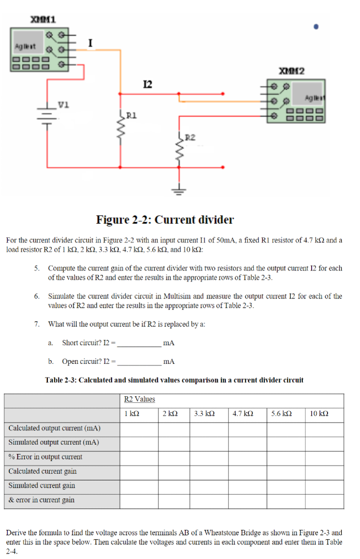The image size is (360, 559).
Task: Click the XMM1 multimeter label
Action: coord(42,20)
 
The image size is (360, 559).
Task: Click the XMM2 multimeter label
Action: coord(292,71)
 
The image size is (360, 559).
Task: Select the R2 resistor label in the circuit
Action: coord(189,137)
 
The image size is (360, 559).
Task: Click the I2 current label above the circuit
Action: coord(147,84)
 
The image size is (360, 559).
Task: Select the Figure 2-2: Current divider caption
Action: coord(165,220)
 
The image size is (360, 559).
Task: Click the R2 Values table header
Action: coord(140,399)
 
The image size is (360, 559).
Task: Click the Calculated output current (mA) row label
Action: coord(54,428)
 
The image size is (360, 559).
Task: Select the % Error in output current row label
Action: coord(45,457)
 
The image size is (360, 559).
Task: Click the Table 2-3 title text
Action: coord(174,380)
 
